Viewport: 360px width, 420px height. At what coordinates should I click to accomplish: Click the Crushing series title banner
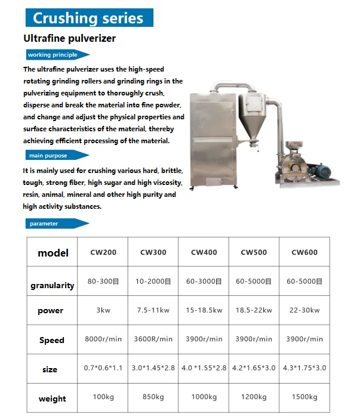[88, 17]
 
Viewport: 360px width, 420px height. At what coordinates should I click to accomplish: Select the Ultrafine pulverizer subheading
[69, 39]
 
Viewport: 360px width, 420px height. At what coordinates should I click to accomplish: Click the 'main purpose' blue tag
[48, 156]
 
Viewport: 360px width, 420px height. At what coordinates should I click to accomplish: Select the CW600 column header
[304, 252]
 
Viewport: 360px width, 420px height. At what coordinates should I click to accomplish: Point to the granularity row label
[53, 285]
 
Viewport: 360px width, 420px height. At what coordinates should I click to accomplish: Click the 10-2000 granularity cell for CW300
[153, 282]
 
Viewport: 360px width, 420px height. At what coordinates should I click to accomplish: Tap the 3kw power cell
[103, 310]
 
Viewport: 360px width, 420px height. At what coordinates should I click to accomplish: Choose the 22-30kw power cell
[304, 310]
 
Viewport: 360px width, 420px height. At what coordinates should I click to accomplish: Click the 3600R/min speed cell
[153, 339]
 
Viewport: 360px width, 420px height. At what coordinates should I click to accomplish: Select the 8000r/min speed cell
[103, 339]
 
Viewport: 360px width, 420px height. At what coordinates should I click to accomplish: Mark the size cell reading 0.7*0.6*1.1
[103, 368]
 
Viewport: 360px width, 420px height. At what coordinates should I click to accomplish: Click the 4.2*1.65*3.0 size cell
[254, 368]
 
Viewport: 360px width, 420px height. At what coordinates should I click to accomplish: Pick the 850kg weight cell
[153, 397]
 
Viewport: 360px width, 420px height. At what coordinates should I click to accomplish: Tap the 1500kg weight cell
[304, 397]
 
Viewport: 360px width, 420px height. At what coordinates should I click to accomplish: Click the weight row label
[53, 399]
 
